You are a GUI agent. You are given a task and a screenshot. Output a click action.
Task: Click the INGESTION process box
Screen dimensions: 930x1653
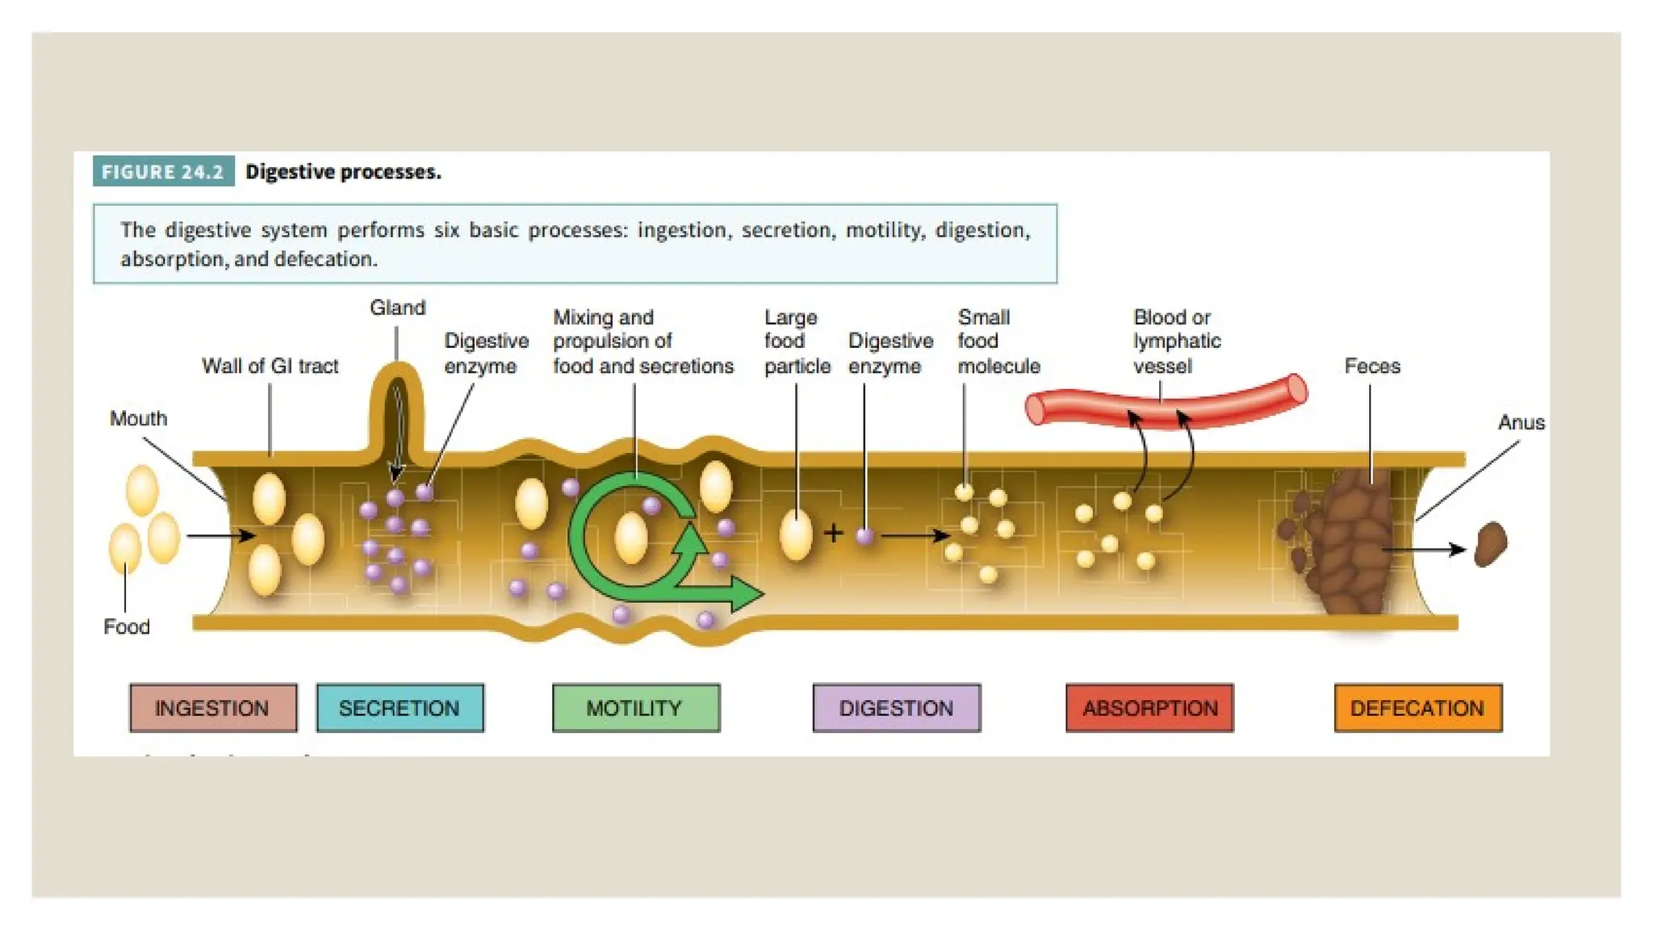(x=213, y=708)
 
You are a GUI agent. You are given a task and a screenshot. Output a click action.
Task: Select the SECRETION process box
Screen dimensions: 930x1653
(x=400, y=708)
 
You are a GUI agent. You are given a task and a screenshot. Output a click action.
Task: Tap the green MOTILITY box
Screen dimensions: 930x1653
(x=635, y=708)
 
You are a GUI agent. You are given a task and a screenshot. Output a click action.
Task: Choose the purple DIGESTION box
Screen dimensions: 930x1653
(x=896, y=708)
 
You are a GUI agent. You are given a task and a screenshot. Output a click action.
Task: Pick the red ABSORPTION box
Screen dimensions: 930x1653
(x=1149, y=708)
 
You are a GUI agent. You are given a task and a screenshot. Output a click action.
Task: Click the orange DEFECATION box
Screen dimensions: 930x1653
(x=1417, y=708)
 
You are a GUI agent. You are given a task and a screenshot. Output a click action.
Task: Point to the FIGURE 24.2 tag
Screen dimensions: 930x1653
(x=163, y=171)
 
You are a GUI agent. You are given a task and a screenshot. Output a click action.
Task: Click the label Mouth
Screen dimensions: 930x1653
(x=139, y=418)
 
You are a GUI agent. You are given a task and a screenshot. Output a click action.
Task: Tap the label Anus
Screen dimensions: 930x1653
(x=1521, y=422)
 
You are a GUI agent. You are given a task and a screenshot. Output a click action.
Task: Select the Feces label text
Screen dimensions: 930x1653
(x=1372, y=366)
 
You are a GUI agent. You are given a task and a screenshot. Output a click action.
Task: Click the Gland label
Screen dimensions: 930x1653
(x=397, y=308)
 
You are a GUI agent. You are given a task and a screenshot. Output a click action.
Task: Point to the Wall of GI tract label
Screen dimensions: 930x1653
(x=270, y=366)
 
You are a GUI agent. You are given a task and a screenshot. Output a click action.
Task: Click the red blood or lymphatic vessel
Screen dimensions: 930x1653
(x=1166, y=403)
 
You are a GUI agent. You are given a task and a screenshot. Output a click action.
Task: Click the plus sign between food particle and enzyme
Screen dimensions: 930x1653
(x=834, y=533)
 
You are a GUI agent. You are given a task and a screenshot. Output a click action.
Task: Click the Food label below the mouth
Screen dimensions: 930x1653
(x=127, y=626)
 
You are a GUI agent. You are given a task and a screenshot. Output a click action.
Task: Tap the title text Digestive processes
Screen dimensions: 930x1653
(x=343, y=171)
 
